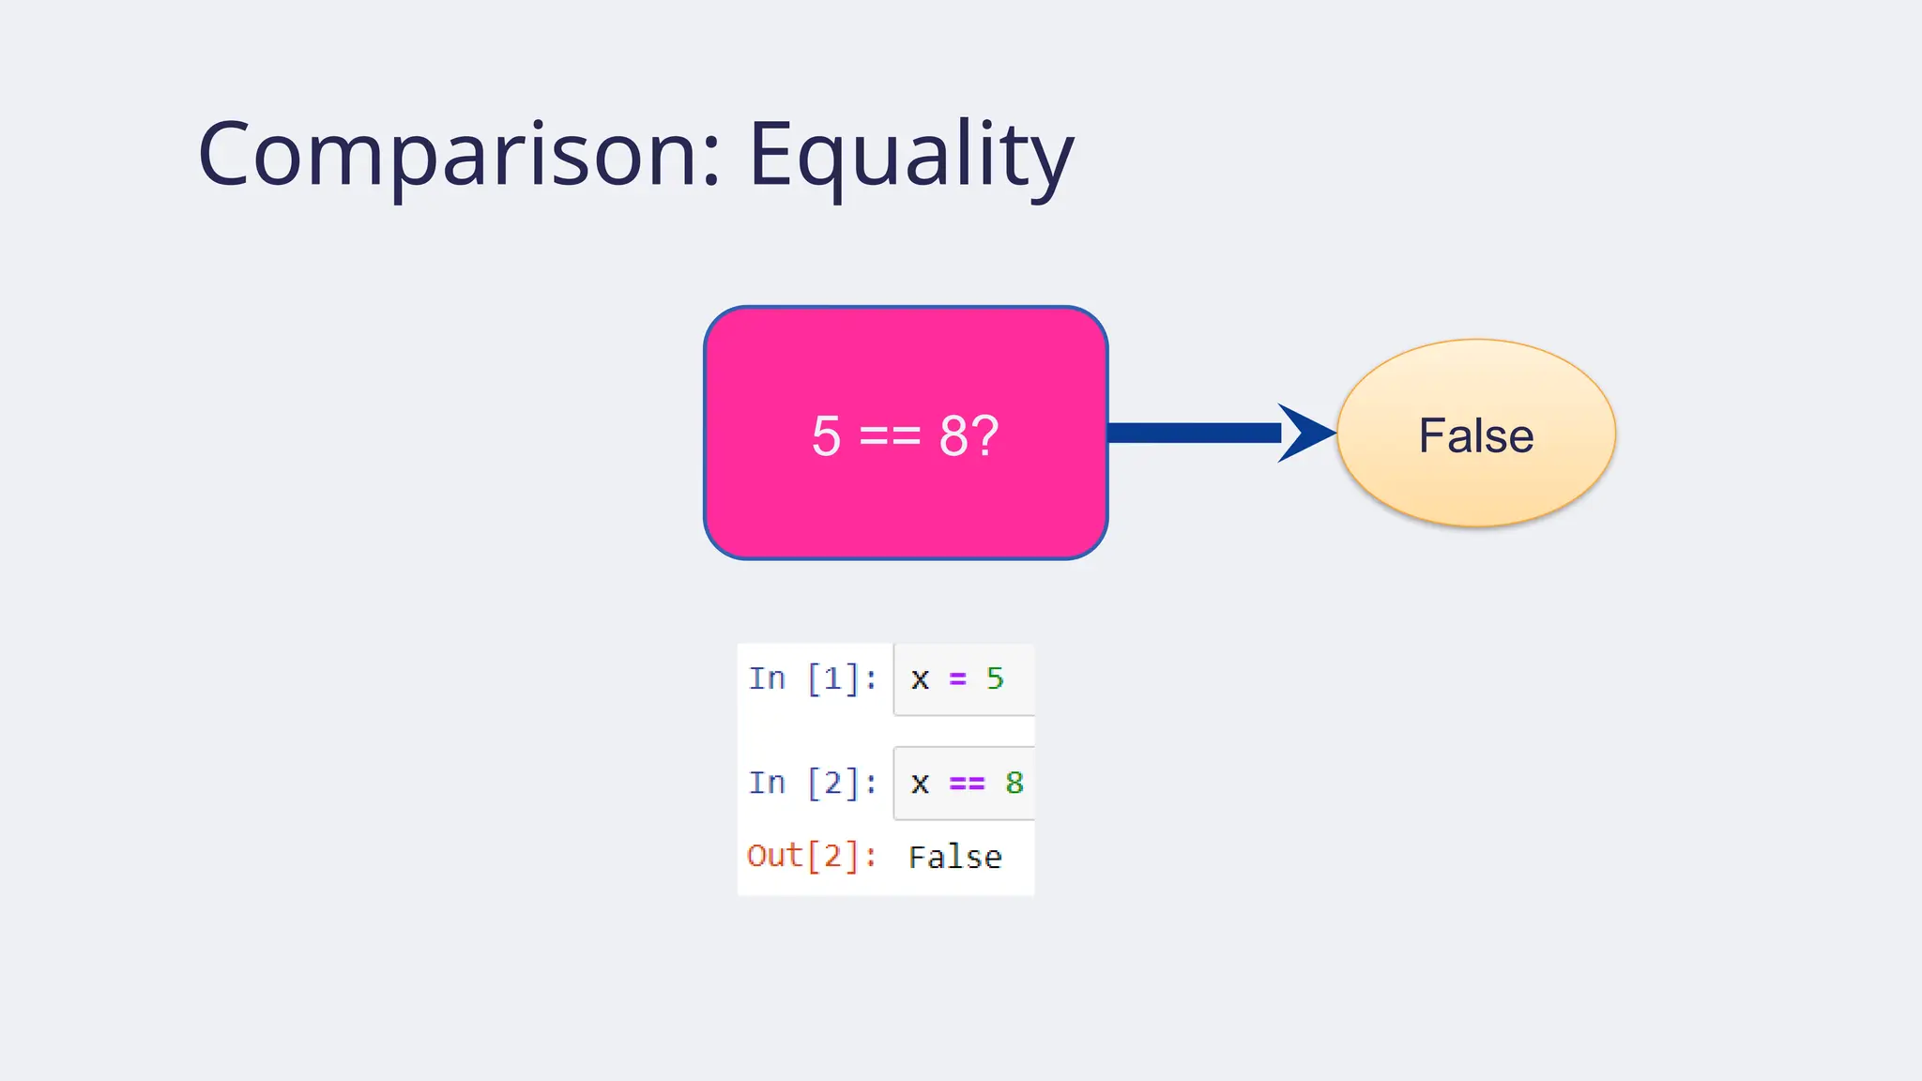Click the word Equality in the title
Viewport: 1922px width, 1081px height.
pyautogui.click(x=910, y=155)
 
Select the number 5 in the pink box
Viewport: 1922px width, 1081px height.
pyautogui.click(x=826, y=436)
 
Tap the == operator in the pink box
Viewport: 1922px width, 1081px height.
pyautogui.click(x=890, y=436)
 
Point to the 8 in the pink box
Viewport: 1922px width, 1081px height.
pyautogui.click(x=953, y=436)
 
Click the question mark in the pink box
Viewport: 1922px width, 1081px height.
pyautogui.click(x=984, y=436)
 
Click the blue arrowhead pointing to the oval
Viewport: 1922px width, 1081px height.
pyautogui.click(x=1306, y=433)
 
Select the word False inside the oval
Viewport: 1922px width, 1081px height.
pyautogui.click(x=1475, y=435)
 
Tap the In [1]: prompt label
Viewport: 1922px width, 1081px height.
pyautogui.click(x=813, y=678)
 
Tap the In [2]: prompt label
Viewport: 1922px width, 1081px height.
pyautogui.click(x=813, y=783)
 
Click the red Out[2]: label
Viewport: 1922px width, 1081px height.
pyautogui.click(x=812, y=856)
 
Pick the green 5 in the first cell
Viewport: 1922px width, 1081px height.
pyautogui.click(x=995, y=678)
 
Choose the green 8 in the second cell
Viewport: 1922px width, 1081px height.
pyautogui.click(x=1014, y=783)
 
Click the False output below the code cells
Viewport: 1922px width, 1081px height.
pyautogui.click(x=954, y=857)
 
